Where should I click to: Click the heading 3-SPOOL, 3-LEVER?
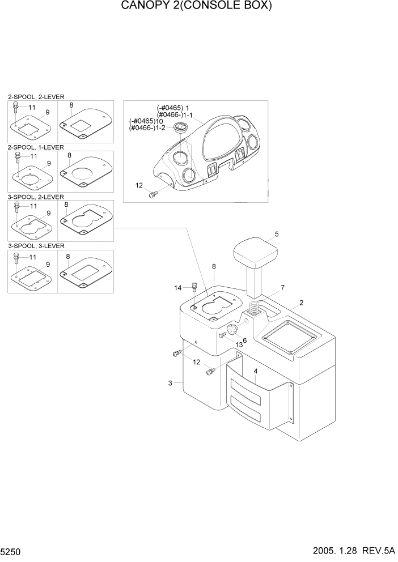coord(36,246)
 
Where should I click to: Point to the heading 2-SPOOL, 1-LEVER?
coord(36,147)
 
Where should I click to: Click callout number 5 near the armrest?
coord(277,233)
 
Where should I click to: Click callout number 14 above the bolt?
coord(178,288)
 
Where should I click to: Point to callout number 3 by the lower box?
coord(170,384)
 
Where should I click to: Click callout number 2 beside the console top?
coord(301,303)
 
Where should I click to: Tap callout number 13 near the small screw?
coord(239,345)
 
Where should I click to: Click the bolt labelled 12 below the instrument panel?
coord(152,194)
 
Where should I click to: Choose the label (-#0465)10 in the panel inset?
coord(146,121)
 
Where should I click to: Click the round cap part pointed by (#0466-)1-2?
coord(181,127)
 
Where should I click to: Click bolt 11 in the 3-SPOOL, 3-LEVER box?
coord(17,258)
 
